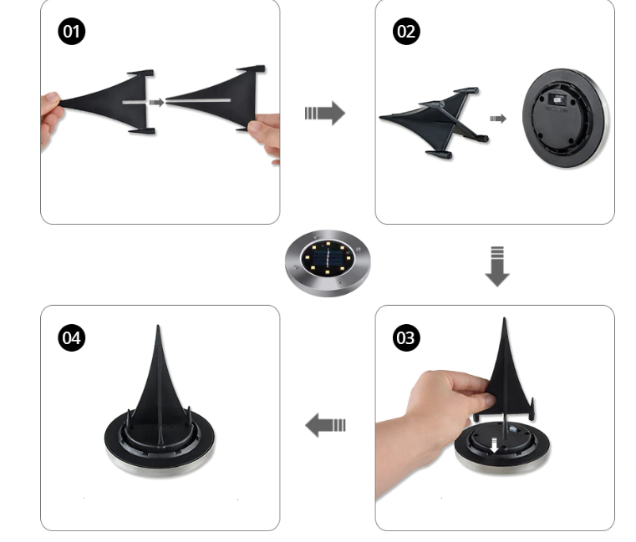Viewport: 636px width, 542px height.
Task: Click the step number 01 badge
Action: (x=71, y=31)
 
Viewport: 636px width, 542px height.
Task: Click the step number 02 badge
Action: (x=406, y=31)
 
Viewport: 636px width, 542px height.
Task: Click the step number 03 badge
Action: (x=406, y=337)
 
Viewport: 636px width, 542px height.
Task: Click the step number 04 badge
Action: (x=71, y=337)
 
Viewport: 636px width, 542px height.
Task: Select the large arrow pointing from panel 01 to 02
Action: (x=325, y=113)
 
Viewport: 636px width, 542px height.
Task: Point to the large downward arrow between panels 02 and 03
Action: (x=497, y=266)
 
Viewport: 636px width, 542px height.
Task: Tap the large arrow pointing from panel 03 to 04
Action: (x=325, y=425)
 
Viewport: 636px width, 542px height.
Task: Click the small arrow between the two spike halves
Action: (x=156, y=102)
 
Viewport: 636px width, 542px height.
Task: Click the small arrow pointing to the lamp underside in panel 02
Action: (x=498, y=119)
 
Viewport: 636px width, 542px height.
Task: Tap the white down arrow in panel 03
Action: (x=494, y=445)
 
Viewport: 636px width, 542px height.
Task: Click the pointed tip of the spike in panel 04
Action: (x=158, y=326)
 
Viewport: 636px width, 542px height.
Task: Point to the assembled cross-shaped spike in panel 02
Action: (x=432, y=122)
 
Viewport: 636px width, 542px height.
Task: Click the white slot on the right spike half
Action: (x=198, y=100)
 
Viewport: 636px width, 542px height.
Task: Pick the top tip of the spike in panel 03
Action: (x=504, y=320)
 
